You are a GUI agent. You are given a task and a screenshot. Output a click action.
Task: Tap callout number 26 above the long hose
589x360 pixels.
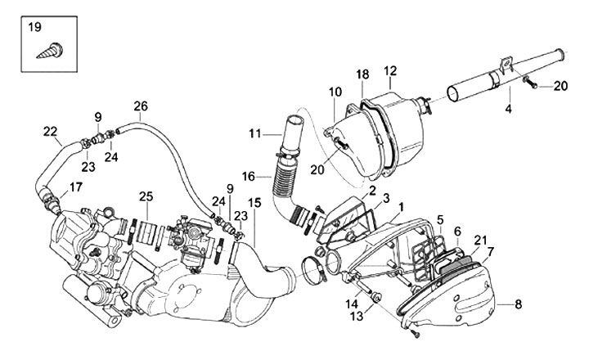tap(141, 106)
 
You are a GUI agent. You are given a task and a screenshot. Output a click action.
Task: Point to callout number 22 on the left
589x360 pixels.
tap(51, 131)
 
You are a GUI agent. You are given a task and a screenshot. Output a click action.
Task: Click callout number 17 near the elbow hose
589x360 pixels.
tap(75, 187)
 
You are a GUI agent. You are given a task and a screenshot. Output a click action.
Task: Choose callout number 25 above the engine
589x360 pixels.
tap(146, 196)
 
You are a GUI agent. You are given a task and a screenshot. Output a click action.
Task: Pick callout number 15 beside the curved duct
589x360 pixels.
tap(254, 202)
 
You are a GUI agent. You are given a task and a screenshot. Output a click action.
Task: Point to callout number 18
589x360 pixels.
tap(363, 74)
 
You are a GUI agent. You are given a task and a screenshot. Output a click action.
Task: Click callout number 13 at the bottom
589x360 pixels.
tap(357, 315)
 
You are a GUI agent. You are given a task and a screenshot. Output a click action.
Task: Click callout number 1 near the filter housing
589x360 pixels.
tap(402, 209)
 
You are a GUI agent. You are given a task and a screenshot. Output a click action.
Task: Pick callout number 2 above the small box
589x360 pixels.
tap(372, 191)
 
